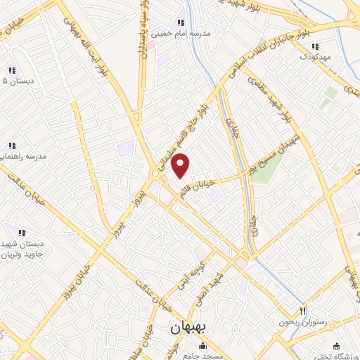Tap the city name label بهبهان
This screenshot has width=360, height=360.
[187, 328]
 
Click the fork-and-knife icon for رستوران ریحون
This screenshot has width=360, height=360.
[303, 310]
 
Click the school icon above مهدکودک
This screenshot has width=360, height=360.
[314, 46]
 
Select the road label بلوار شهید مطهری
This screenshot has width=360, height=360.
[280, 98]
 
